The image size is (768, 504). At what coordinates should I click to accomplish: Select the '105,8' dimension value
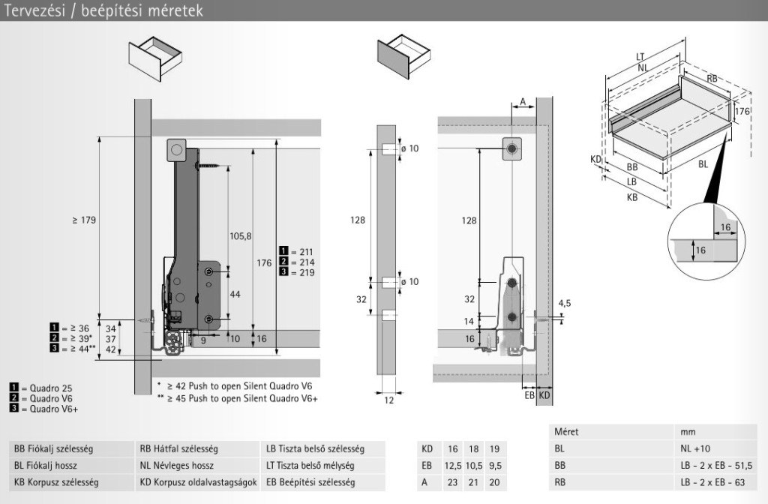click(240, 236)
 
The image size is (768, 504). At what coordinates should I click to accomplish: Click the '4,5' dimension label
click(565, 304)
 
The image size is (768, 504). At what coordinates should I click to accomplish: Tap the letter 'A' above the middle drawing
click(522, 101)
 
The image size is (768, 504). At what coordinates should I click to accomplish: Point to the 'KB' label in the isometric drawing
click(632, 198)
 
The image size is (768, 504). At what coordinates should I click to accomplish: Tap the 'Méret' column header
click(566, 433)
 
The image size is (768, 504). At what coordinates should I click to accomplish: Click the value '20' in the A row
click(493, 482)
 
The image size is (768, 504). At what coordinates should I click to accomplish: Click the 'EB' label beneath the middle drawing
click(529, 394)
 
